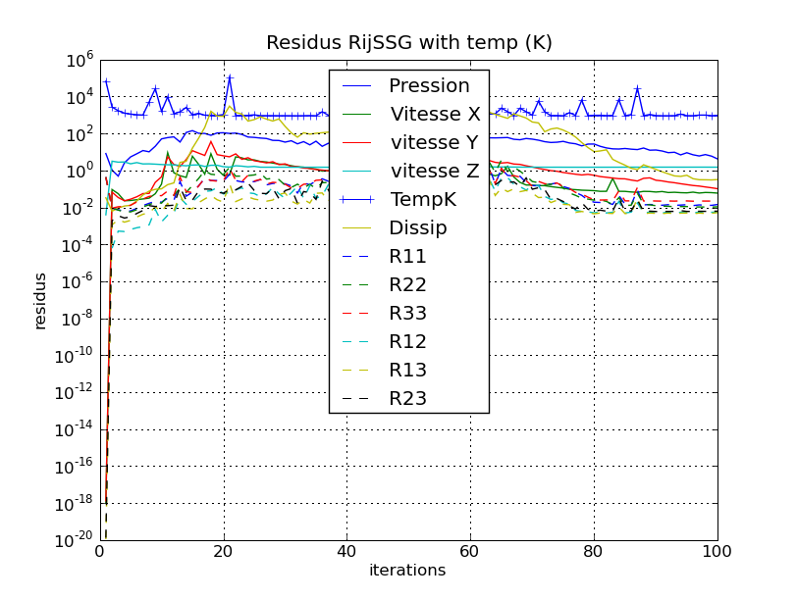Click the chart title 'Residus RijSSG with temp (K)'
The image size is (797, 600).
[409, 43]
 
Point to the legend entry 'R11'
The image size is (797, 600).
[407, 257]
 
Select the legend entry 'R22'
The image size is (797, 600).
[407, 285]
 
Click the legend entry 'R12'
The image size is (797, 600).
[407, 342]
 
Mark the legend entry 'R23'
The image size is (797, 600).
[407, 399]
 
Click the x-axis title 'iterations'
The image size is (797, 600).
[407, 571]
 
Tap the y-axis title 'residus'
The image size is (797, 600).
[41, 300]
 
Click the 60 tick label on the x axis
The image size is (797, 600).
[471, 551]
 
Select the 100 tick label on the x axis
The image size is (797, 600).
[717, 551]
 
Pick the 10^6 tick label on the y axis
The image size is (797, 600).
[79, 61]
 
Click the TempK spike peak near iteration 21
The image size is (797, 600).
[230, 77]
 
